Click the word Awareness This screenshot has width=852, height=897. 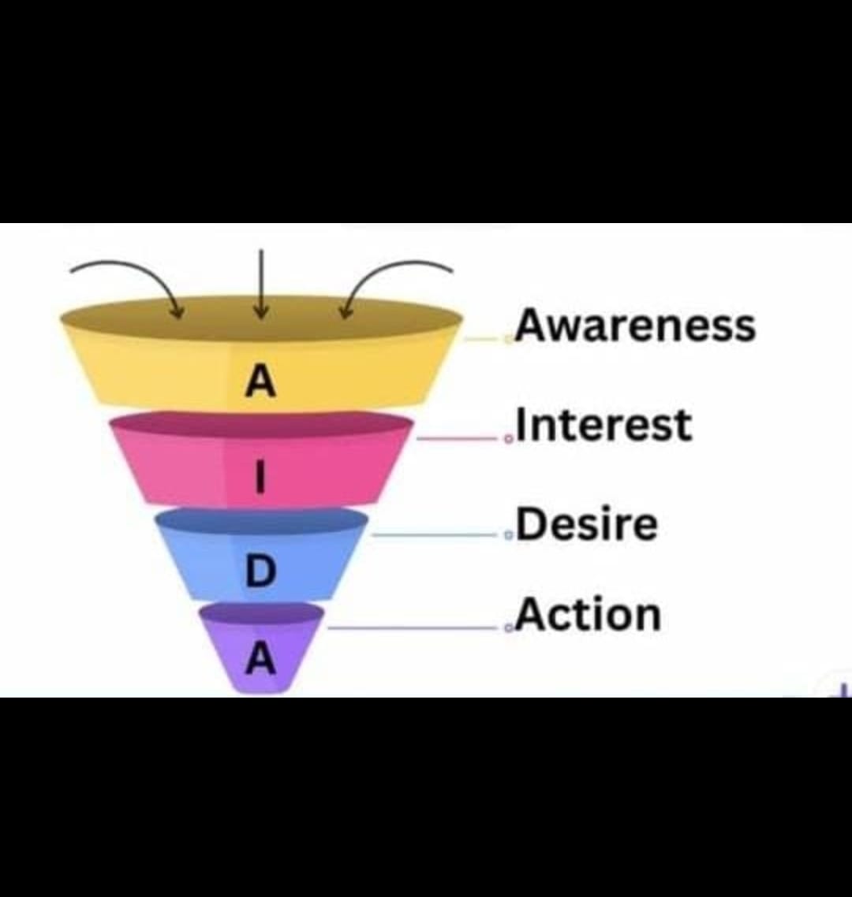pos(635,325)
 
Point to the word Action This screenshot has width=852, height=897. pos(589,615)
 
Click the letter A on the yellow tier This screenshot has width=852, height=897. pos(260,382)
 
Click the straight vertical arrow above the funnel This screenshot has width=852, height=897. pos(261,284)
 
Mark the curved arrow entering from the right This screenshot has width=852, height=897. pos(394,272)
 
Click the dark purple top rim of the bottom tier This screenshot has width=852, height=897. pos(260,613)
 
